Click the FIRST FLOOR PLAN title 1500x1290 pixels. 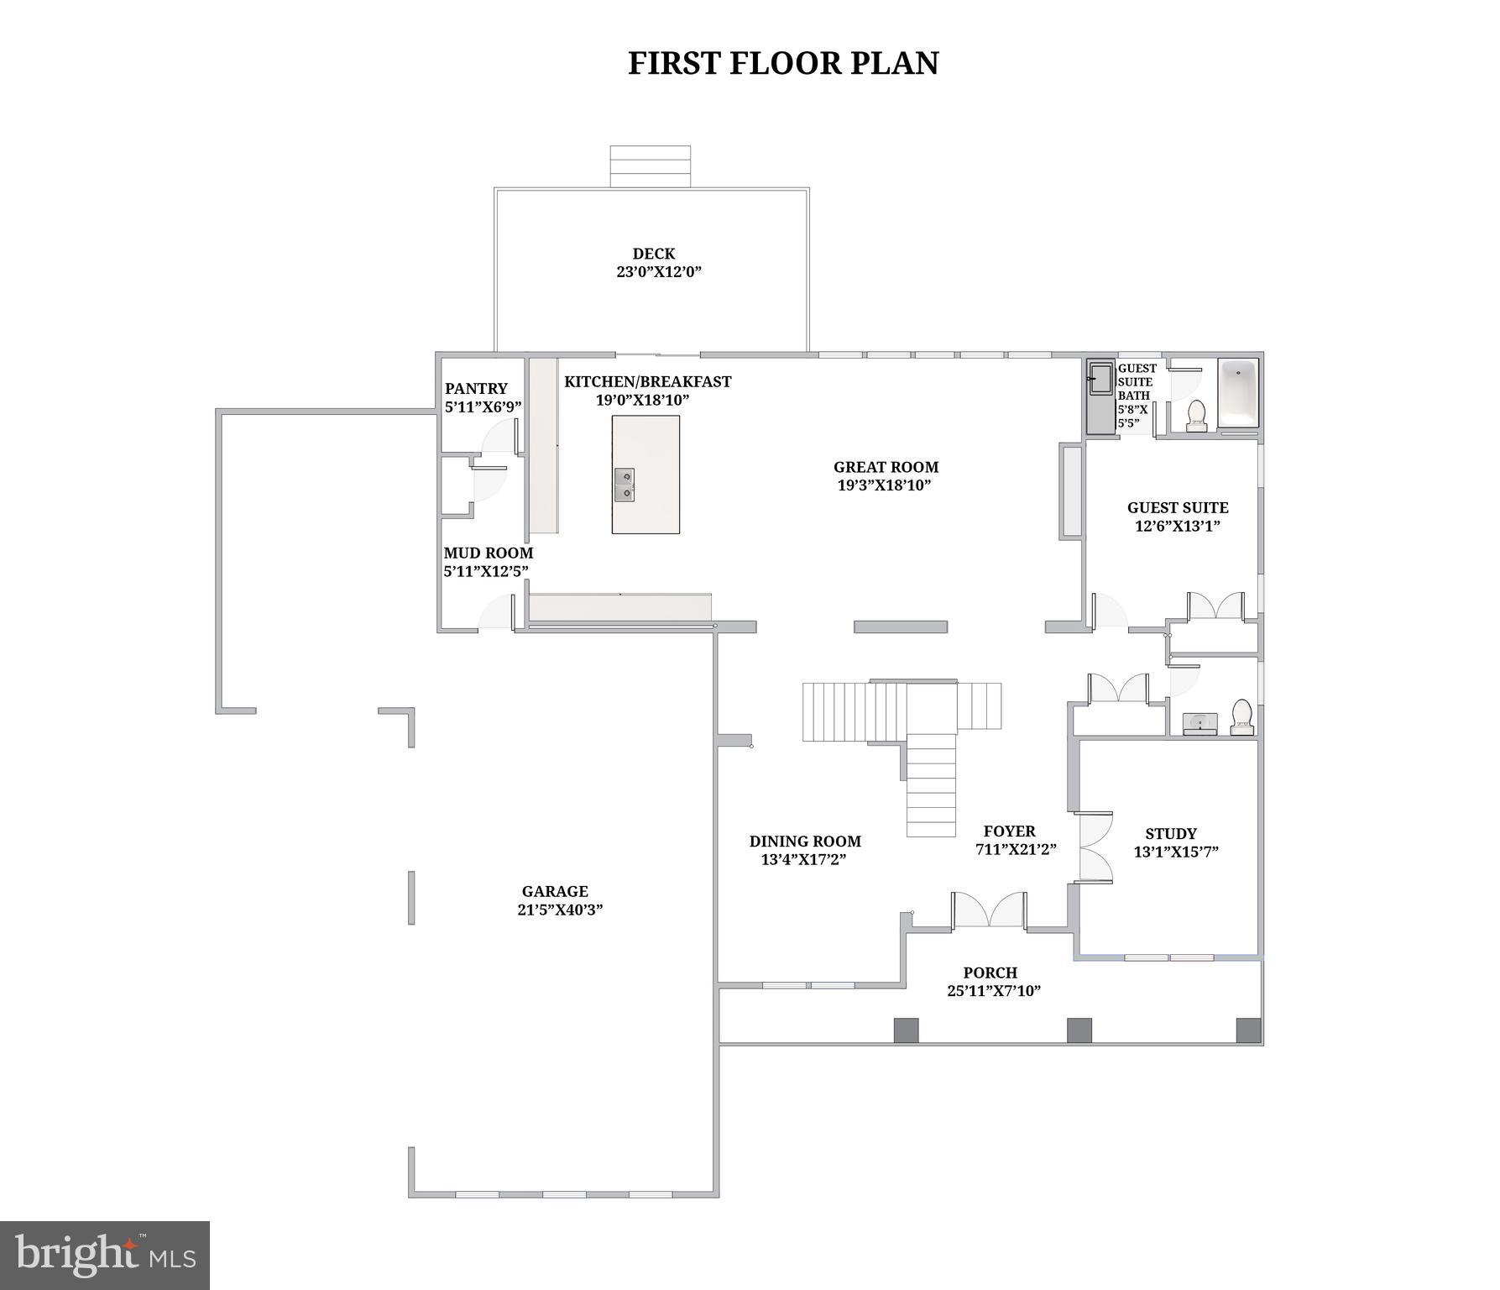coord(783,63)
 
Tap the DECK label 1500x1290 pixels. coord(653,254)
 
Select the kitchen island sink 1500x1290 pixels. coord(624,485)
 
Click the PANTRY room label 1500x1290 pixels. coord(476,388)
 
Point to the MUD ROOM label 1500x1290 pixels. coord(488,553)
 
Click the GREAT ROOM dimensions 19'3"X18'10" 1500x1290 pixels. coord(885,485)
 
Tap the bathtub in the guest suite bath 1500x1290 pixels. coord(1238,392)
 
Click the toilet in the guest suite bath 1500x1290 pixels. coord(1196,416)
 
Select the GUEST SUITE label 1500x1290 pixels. coord(1177,507)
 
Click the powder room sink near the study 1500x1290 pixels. coord(1199,723)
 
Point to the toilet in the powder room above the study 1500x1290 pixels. coord(1241,717)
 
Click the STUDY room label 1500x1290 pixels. coord(1170,833)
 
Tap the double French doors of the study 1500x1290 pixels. coord(1094,847)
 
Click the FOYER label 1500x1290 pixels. coord(1009,831)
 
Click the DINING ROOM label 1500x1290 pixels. coord(804,841)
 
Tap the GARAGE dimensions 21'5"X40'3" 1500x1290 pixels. coord(560,910)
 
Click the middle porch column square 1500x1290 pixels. coord(1079,1030)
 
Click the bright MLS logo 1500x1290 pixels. coord(104,1255)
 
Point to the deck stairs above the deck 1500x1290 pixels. coord(650,166)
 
